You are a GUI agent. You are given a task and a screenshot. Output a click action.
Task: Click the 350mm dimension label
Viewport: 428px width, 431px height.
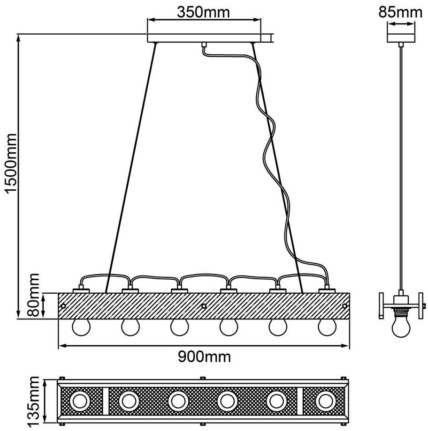tap(203, 12)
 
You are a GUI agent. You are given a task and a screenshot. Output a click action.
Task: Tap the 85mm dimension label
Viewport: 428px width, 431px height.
tap(400, 12)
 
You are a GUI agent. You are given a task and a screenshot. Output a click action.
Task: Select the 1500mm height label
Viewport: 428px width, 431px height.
tap(11, 164)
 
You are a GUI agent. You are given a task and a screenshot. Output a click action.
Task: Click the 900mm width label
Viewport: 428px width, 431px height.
tap(204, 357)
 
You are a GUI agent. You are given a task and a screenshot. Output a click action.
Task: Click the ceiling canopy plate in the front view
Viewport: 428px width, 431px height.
tap(204, 38)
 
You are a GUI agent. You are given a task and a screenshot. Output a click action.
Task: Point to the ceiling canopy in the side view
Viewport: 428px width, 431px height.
tap(400, 38)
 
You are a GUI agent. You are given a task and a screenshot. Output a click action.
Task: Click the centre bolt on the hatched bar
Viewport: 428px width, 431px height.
tap(204, 305)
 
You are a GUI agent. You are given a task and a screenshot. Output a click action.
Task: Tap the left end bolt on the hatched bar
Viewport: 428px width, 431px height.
tap(63, 305)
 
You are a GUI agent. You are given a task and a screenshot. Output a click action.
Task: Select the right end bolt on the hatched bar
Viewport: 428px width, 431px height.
tap(344, 305)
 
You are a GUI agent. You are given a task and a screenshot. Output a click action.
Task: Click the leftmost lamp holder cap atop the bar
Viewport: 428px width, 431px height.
tap(81, 290)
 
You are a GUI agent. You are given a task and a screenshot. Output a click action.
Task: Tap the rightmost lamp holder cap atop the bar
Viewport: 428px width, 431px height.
tap(327, 290)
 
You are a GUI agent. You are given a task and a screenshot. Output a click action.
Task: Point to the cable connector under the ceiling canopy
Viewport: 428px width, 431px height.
tap(204, 45)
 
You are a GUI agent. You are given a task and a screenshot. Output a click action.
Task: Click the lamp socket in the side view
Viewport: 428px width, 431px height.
tap(401, 305)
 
